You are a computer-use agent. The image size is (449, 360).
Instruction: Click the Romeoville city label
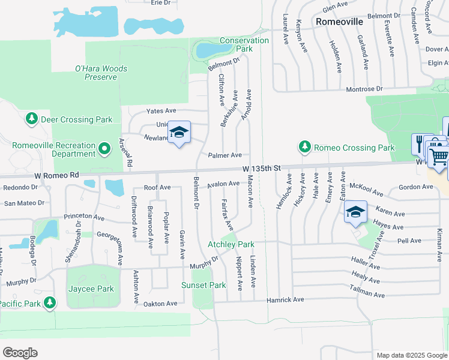(340, 22)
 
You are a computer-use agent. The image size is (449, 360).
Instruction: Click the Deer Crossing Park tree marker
(32, 119)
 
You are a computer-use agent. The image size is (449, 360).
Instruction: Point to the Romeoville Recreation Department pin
(104, 148)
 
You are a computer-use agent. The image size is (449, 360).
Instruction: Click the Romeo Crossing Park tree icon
(305, 147)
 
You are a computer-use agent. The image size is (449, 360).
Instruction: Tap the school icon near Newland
(179, 133)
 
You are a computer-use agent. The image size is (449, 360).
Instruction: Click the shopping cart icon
(439, 157)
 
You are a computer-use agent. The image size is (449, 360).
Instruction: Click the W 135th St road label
(263, 170)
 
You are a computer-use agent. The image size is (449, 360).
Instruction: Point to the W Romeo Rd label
(57, 175)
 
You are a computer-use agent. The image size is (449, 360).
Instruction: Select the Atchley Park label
(231, 244)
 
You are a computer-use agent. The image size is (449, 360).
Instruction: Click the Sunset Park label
(204, 285)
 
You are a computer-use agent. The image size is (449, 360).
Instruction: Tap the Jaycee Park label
(90, 289)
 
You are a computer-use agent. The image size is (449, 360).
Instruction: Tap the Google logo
(20, 353)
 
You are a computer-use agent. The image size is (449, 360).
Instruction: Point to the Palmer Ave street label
(224, 155)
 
